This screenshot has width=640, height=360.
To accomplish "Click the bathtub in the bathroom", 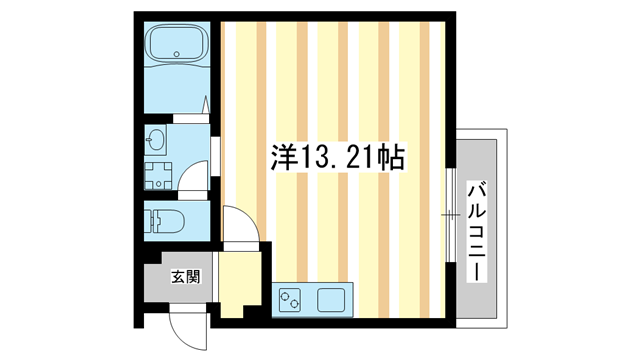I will coord(176,45).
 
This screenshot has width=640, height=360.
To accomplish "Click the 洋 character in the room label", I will coord(284,158).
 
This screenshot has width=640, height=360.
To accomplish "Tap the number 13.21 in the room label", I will coord(337,158).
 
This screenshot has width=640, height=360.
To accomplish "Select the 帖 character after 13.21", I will coord(392,158).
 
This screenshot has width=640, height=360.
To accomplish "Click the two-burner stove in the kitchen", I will coord(291,299).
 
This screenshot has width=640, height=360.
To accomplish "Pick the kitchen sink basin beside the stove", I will coord(332,299).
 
